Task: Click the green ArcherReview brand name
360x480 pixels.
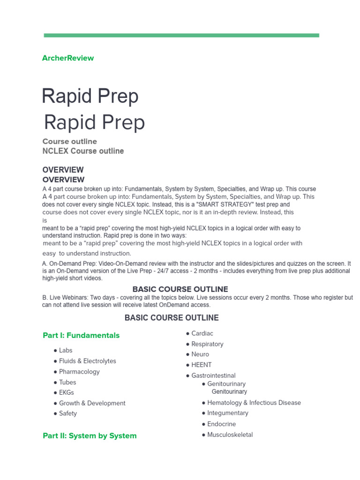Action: click(68, 58)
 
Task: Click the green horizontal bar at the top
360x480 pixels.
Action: click(181, 35)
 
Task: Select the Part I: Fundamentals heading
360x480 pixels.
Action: click(81, 335)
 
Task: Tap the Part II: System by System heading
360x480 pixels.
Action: click(90, 435)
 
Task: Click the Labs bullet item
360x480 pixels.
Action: click(66, 350)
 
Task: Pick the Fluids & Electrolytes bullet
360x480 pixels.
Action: click(87, 361)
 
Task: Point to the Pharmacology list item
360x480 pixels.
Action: click(79, 372)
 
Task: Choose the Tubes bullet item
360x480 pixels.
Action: click(67, 382)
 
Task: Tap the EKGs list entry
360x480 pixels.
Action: click(67, 392)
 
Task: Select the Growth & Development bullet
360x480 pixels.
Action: click(92, 403)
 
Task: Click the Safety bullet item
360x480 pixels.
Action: click(68, 413)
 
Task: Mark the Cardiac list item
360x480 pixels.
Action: click(202, 333)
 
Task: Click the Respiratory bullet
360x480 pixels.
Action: click(207, 344)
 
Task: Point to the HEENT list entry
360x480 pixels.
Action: click(201, 365)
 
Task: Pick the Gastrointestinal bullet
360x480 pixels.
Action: click(213, 375)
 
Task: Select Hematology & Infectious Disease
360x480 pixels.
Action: click(254, 403)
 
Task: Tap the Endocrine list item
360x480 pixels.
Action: click(221, 424)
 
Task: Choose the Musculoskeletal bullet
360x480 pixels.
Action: click(230, 435)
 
